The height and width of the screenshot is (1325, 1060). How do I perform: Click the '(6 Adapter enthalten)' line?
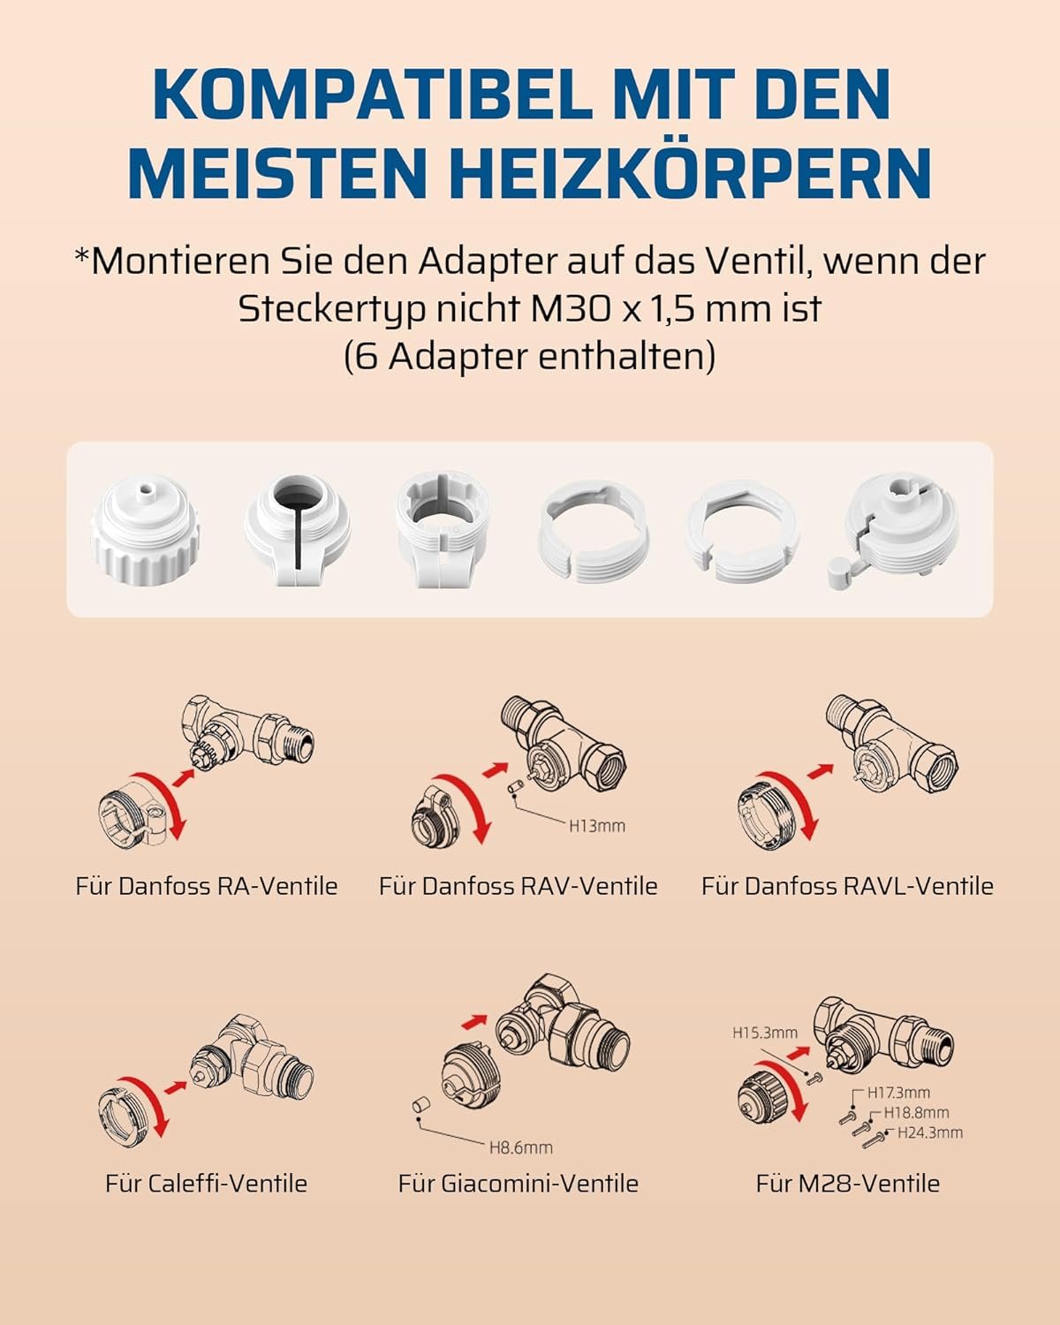529,357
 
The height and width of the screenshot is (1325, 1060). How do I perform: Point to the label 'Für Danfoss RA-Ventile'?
207,886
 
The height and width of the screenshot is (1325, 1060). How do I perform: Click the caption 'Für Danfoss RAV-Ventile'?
518,886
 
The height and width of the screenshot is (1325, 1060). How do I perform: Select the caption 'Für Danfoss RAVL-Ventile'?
847,886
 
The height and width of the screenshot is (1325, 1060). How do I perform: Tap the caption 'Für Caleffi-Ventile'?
206,1184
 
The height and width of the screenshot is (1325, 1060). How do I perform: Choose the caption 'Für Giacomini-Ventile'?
518,1184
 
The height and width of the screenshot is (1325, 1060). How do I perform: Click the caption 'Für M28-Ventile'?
847,1184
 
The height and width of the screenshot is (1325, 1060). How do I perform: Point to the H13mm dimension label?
596,826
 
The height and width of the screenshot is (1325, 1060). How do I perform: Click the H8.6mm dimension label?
520,1147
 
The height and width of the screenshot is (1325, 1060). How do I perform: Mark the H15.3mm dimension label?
764,1032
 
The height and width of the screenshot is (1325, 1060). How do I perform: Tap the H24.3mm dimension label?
929,1132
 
